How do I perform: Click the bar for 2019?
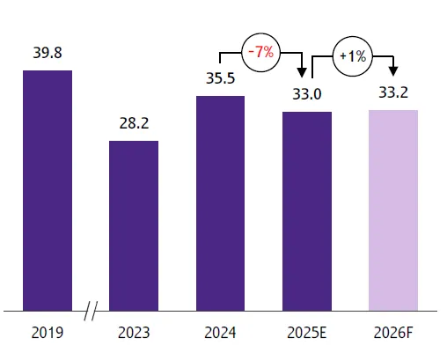click(x=47, y=190)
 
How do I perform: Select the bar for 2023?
click(x=134, y=225)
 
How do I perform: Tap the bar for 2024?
click(x=220, y=203)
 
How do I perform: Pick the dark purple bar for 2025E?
click(x=306, y=211)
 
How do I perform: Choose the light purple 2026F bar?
click(x=392, y=210)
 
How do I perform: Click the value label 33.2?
click(x=392, y=92)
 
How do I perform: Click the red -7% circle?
click(x=260, y=53)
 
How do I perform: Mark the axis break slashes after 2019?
click(x=91, y=311)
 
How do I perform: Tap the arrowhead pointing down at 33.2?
click(x=393, y=70)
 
